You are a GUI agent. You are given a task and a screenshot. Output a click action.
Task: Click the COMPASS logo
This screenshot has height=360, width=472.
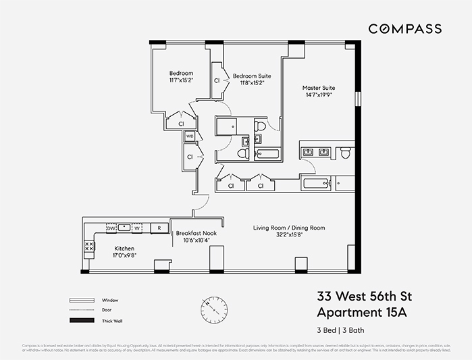pos(404,29)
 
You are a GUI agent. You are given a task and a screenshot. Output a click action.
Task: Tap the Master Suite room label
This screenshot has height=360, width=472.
pos(319,88)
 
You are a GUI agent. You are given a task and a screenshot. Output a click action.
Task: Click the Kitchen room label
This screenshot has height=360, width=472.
pos(124,248)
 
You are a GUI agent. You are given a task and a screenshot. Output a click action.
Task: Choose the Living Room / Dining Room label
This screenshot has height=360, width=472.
pos(289,228)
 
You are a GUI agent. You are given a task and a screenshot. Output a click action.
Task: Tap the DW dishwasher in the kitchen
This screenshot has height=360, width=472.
pos(111,228)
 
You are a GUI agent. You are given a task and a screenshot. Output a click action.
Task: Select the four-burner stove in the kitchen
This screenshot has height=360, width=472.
pos(89,248)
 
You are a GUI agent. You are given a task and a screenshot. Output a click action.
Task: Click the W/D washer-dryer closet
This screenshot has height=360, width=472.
pos(190,136)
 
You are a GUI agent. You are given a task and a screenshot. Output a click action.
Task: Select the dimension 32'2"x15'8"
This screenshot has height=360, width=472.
pos(289,236)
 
